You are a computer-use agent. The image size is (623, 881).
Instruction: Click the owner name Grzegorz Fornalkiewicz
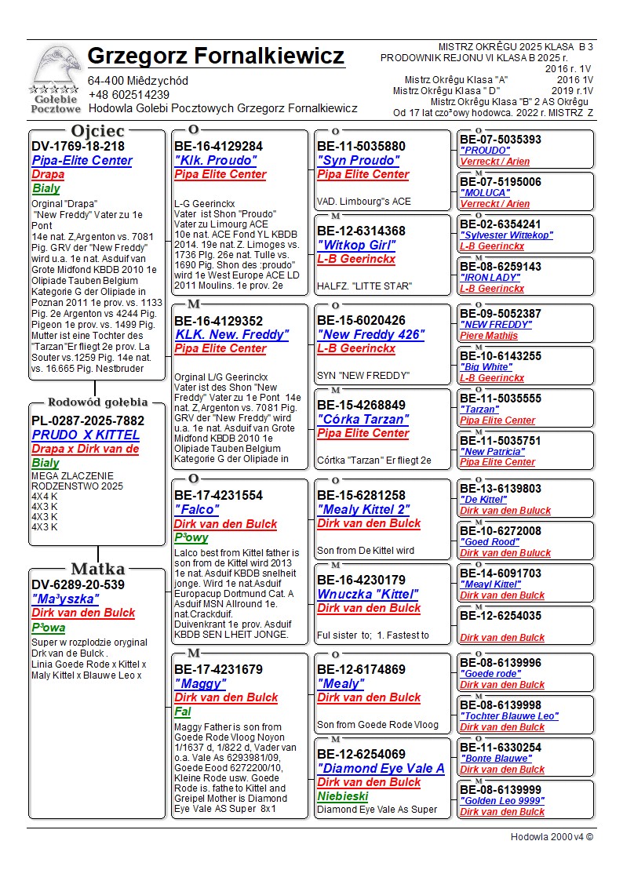point(216,56)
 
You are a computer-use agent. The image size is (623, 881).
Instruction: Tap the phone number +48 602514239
point(129,95)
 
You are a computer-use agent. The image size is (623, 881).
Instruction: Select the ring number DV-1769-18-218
point(78,147)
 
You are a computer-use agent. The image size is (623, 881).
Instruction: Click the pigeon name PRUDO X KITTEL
point(86,435)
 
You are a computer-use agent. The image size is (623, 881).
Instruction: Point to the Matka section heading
point(97,570)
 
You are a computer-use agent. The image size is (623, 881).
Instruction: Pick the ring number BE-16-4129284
point(218,147)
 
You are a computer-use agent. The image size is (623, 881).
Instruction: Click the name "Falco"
point(196,510)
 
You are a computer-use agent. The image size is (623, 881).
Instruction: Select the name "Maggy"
point(199,684)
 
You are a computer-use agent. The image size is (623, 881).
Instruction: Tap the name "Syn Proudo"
point(359,161)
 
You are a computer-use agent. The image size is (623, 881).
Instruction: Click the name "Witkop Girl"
point(355,246)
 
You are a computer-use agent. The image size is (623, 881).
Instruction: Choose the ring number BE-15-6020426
point(361,321)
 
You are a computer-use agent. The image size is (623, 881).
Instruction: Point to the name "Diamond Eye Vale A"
point(381,769)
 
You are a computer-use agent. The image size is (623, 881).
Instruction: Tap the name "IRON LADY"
point(490,278)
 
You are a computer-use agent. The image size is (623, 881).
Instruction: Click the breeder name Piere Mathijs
point(489,336)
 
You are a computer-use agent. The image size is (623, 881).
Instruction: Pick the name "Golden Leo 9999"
point(503,801)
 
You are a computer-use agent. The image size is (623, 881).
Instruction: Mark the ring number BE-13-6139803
point(500,489)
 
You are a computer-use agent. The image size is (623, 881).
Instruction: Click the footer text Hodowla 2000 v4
point(552,837)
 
